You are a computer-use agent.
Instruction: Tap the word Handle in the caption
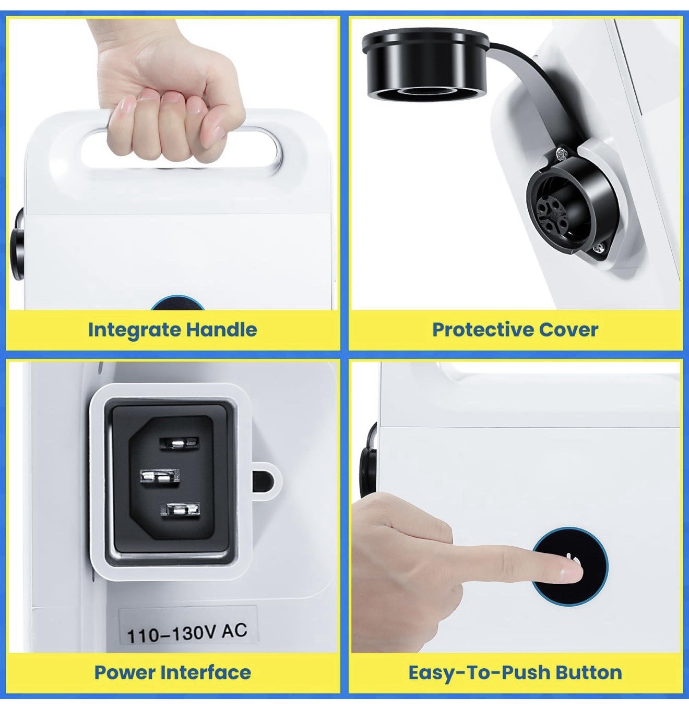point(221,330)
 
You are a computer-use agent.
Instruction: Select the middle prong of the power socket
point(160,477)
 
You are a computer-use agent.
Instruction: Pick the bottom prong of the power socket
point(180,509)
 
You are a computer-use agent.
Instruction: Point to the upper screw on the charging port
point(561,154)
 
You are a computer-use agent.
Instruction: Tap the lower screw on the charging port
point(598,248)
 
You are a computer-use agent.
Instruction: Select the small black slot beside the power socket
point(263,481)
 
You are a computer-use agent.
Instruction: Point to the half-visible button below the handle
point(177,303)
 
